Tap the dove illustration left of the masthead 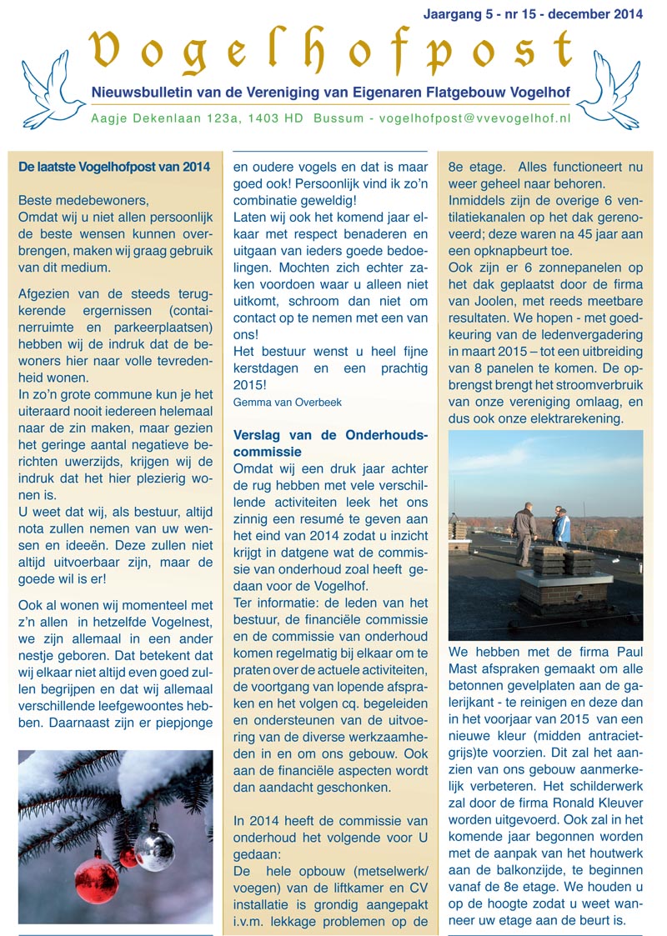point(52,90)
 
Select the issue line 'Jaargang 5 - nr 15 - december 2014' point(533,14)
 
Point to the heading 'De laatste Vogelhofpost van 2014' point(113,167)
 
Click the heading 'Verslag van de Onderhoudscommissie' point(330,443)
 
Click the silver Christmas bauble point(155,848)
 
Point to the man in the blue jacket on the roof point(563,527)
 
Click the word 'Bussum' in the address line point(339,118)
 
